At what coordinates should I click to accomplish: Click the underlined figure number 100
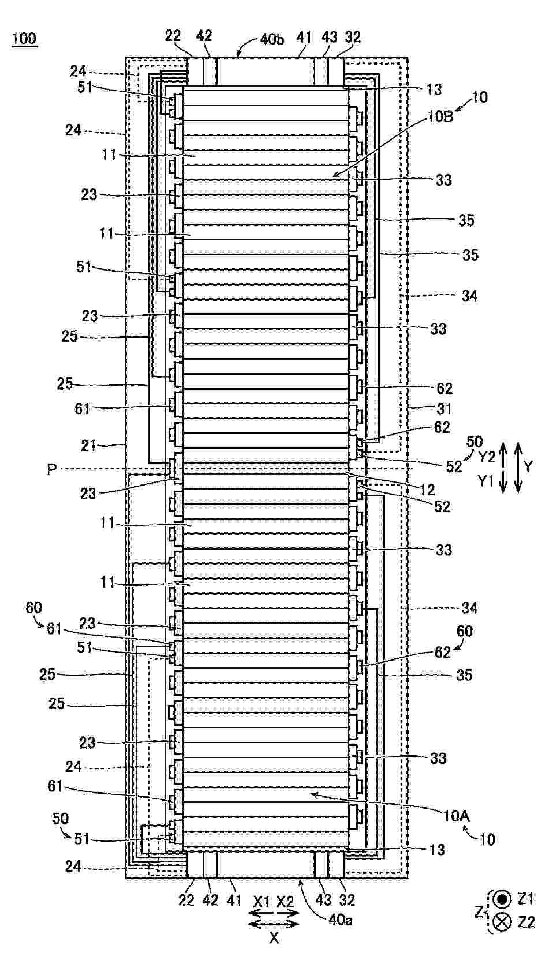(x=24, y=39)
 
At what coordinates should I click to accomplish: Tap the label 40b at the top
(x=272, y=40)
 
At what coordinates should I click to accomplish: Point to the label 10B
(x=440, y=117)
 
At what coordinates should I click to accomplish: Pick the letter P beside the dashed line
(x=51, y=469)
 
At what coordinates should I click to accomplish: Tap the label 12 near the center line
(x=427, y=490)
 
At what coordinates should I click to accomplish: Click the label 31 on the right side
(x=444, y=409)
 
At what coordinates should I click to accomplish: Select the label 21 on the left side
(x=89, y=446)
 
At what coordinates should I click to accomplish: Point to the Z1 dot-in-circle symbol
(x=502, y=887)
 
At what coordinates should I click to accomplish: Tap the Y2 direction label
(x=486, y=457)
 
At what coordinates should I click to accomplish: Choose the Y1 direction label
(x=485, y=481)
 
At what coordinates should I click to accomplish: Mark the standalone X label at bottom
(x=274, y=938)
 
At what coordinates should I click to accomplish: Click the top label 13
(x=434, y=90)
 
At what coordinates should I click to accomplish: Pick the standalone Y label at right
(x=528, y=466)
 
